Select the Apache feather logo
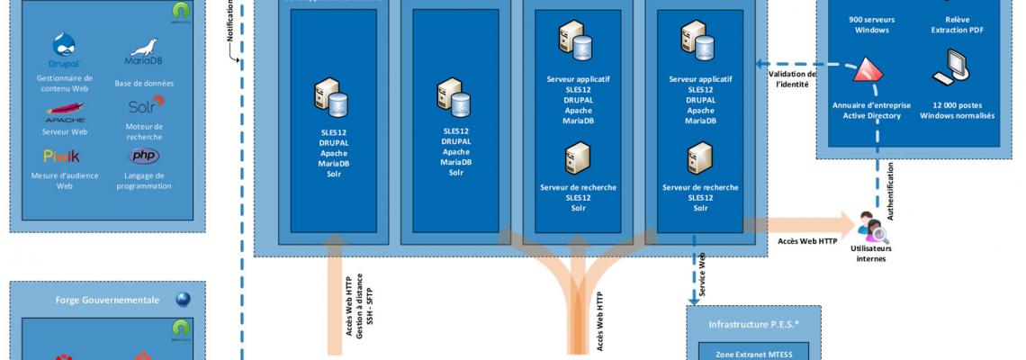tap(65, 112)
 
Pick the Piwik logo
tap(63, 157)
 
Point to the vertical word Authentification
tap(891, 192)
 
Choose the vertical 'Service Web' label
tap(703, 275)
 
